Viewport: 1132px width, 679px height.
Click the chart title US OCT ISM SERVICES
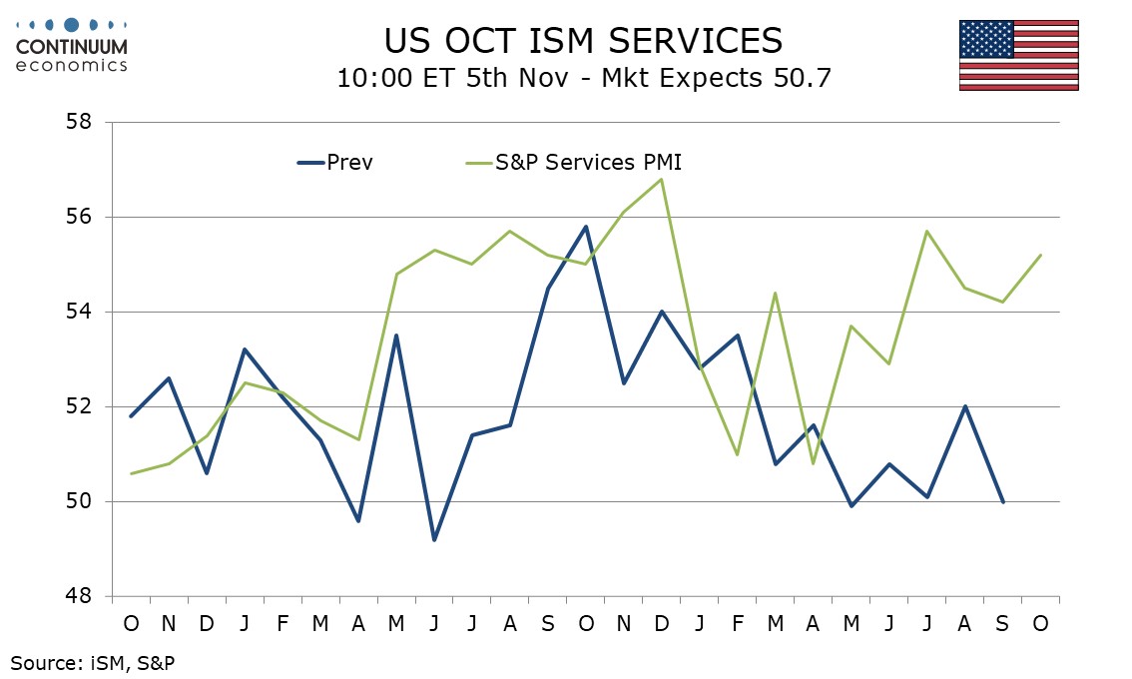583,40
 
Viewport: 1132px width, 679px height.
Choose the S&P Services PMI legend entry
588,162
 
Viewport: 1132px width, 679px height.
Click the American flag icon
1018,55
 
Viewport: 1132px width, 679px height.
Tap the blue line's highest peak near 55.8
586,227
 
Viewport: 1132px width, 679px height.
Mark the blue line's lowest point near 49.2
434,539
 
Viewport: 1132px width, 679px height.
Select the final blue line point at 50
1003,501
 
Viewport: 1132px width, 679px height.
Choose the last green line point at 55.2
1041,255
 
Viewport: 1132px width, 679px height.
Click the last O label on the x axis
1041,623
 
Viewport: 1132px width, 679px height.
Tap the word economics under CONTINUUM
72,65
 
